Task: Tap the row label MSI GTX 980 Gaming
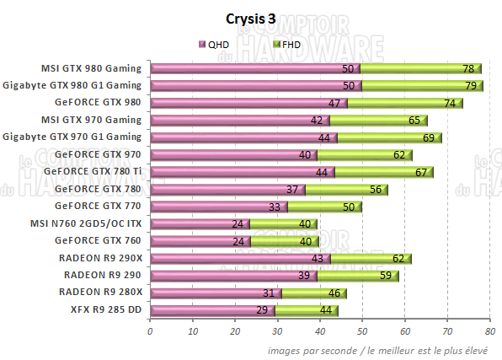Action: coord(91,68)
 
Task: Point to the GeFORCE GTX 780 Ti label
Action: coord(97,171)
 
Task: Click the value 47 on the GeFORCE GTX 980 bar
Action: coord(334,103)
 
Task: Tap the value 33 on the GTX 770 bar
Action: coord(275,206)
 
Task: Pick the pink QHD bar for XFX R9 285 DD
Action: coord(212,309)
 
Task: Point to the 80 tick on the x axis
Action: coord(490,331)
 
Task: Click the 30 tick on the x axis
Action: coord(277,331)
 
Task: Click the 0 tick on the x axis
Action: coord(150,331)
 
